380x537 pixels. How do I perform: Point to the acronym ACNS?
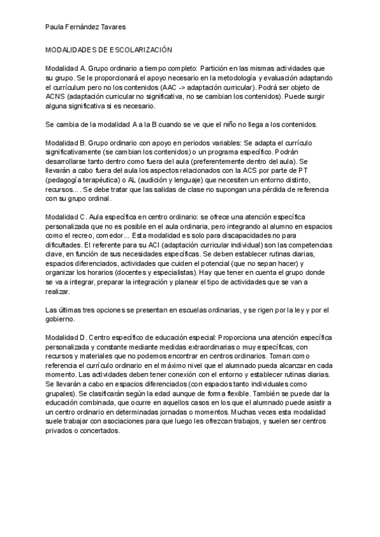[56, 96]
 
